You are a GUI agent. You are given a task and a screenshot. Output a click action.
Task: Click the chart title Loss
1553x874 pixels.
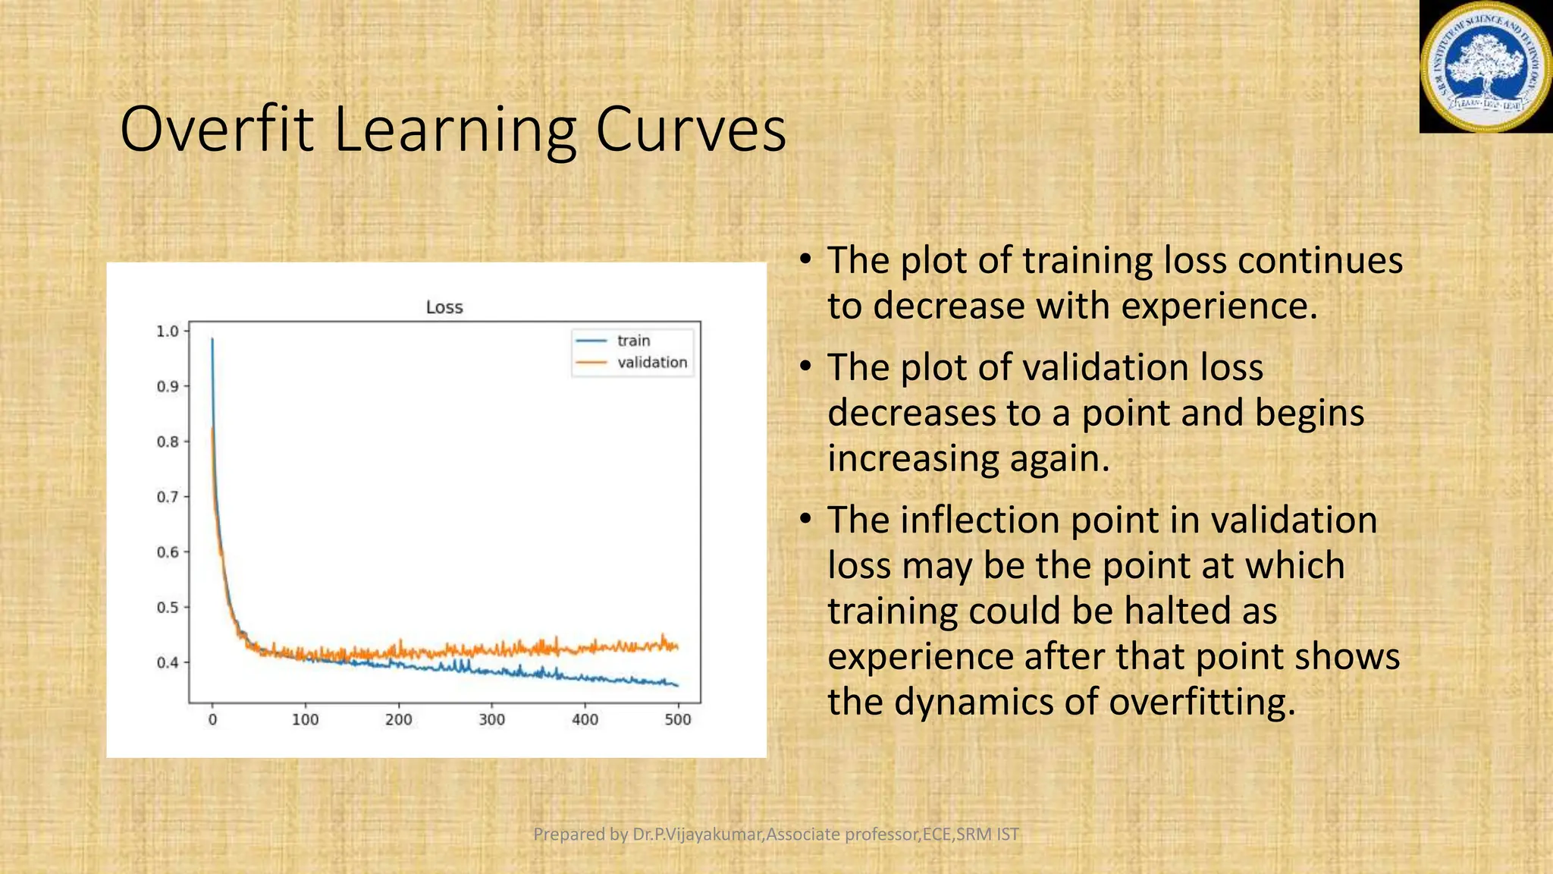(444, 307)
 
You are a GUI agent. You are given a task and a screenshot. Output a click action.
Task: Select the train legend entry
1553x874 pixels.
(633, 341)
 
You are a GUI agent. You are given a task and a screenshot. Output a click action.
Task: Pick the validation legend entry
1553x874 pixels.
(651, 363)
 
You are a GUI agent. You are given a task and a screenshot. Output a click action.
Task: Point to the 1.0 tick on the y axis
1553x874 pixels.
(167, 332)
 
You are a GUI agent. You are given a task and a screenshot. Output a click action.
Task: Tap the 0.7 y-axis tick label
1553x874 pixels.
(167, 497)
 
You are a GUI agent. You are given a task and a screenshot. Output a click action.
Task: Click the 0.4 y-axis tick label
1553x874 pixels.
(167, 662)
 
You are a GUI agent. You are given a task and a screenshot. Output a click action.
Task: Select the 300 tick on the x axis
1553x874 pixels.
(491, 719)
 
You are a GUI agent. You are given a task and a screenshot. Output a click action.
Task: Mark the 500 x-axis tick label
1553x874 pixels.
(677, 719)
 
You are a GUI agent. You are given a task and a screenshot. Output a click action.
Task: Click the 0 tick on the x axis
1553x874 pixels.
(212, 719)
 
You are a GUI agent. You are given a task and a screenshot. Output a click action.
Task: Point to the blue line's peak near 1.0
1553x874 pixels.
(212, 340)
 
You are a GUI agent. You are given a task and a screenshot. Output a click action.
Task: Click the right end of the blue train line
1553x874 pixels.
(677, 686)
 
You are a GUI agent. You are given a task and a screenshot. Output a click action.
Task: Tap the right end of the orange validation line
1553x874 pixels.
(676, 647)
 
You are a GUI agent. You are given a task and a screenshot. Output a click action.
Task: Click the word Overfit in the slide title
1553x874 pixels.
(216, 129)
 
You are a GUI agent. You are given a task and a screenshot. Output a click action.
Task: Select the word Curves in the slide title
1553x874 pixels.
(690, 129)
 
